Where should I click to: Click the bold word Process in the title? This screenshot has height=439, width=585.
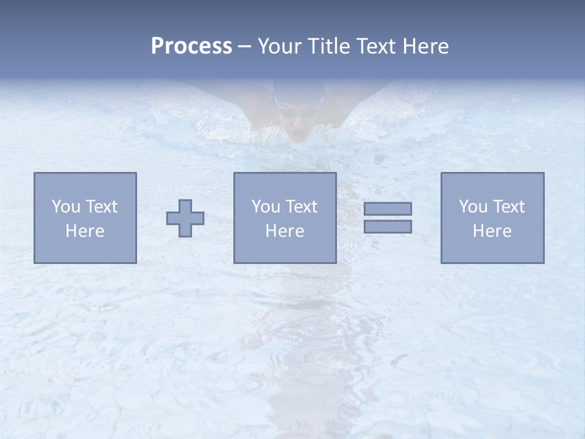pos(191,46)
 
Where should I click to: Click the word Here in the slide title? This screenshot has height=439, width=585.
pos(426,46)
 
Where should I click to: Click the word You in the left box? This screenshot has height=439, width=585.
pos(65,207)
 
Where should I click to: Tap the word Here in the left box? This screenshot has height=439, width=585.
pos(85,231)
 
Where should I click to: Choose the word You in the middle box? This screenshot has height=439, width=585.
pos(265,207)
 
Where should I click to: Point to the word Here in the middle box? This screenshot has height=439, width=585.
pos(285,231)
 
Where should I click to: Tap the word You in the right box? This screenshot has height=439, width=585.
pos(472,207)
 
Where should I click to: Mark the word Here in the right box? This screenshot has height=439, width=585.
pos(492,231)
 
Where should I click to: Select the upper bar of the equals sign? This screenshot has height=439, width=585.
pos(388,209)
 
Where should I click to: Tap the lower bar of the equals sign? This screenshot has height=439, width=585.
pos(388,227)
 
